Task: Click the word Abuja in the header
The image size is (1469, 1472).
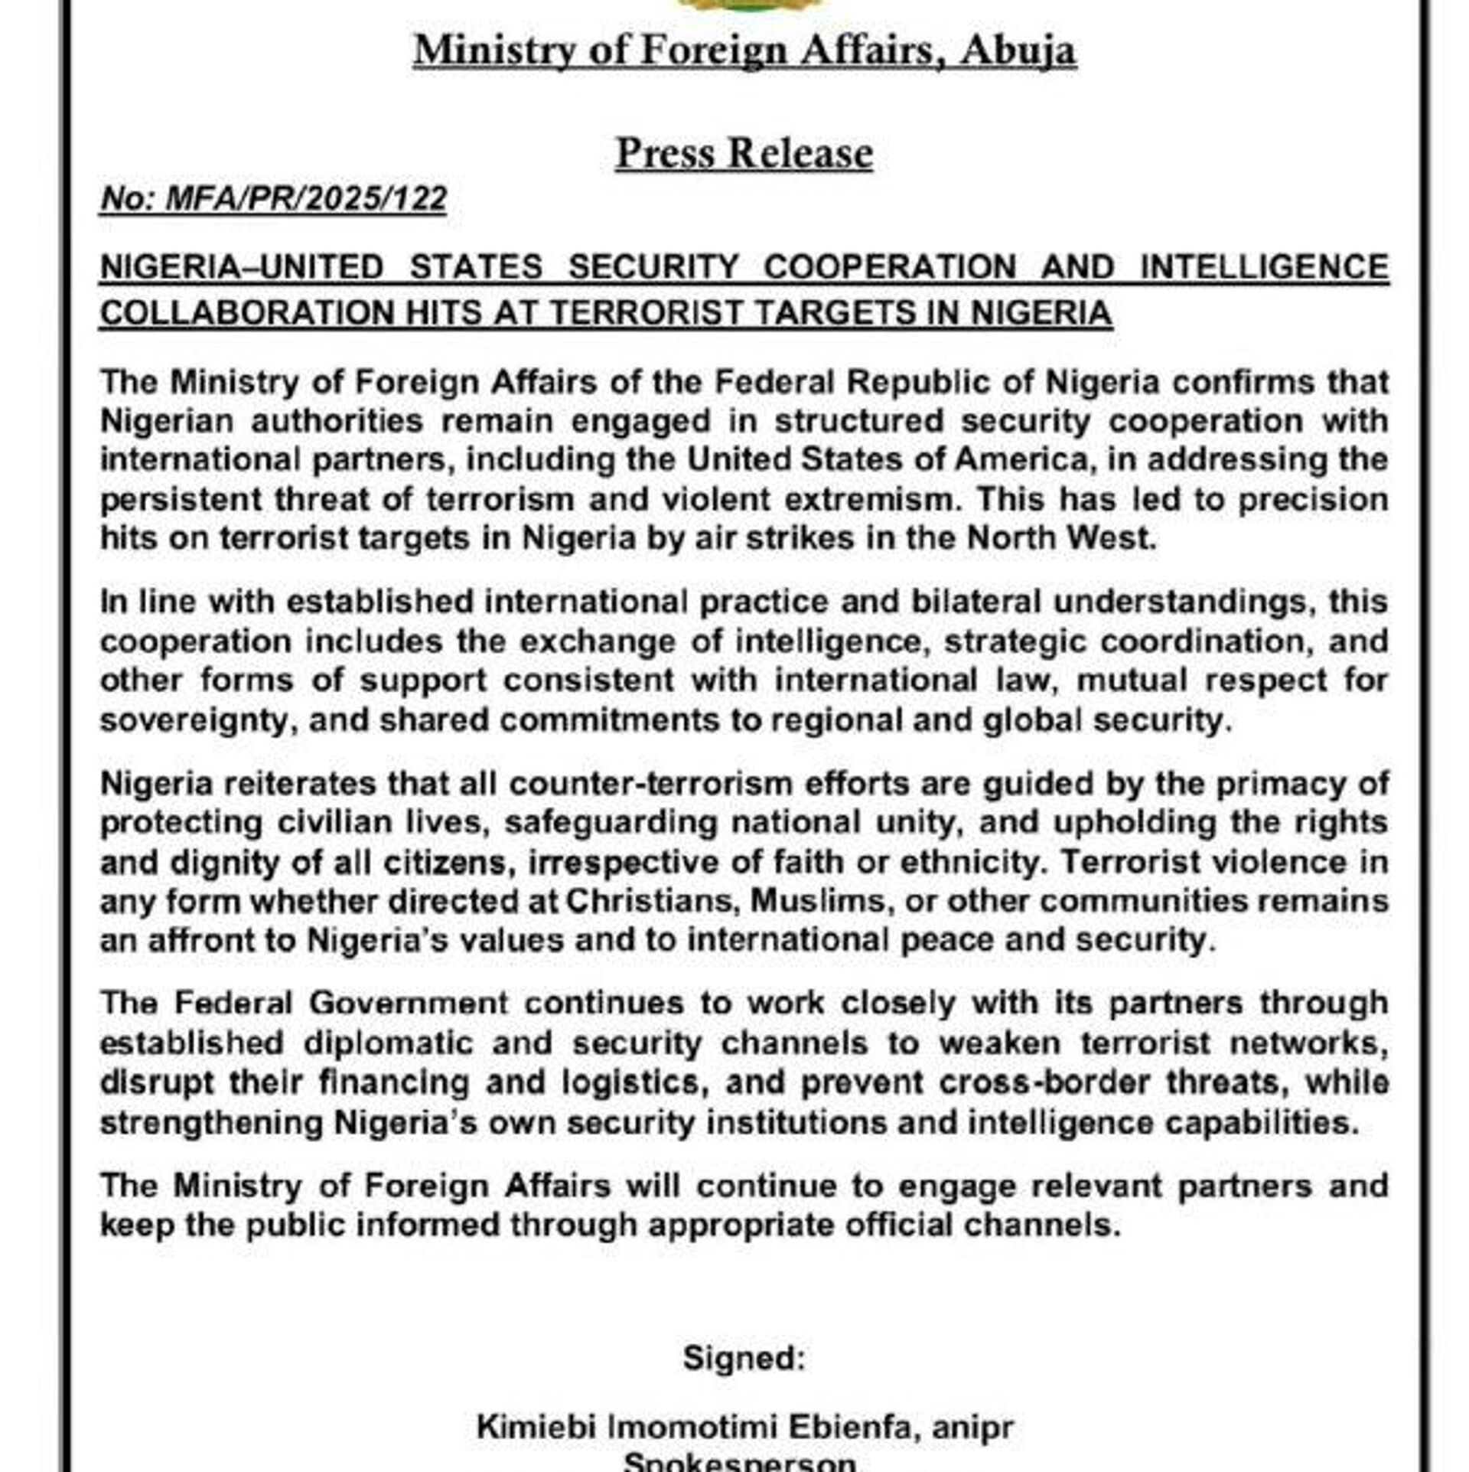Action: tap(1018, 51)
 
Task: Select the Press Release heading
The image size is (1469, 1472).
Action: tap(744, 153)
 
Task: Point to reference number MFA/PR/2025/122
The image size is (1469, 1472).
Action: tap(305, 199)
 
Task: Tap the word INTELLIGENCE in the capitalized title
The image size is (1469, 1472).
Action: tap(1264, 267)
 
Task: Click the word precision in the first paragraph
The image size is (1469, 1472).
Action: tap(1313, 499)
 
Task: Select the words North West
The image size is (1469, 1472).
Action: tap(1060, 538)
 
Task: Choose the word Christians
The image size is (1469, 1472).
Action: tap(653, 901)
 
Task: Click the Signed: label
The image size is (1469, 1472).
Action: tap(744, 1358)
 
